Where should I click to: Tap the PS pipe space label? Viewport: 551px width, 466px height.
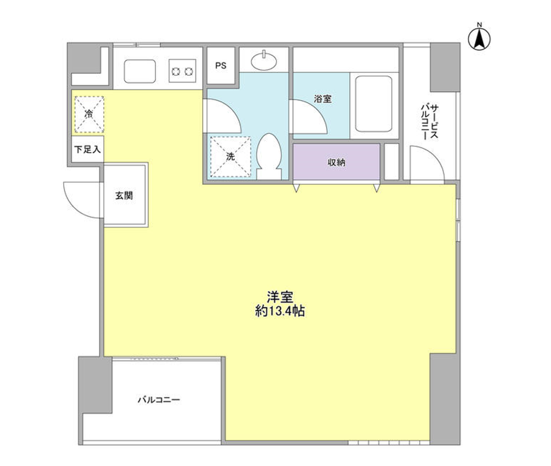(x=221, y=66)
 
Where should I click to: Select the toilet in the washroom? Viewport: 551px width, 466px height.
(x=269, y=156)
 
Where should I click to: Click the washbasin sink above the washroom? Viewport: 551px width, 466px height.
(x=264, y=61)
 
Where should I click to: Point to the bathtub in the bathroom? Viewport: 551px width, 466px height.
(x=374, y=104)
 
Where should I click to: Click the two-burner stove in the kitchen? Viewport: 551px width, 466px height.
(x=182, y=71)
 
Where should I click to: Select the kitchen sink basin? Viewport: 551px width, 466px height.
(x=140, y=71)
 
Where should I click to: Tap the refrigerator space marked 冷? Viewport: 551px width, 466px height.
(x=89, y=114)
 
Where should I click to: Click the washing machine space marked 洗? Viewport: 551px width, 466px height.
(x=230, y=156)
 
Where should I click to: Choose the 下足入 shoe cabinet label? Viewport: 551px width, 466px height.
(x=87, y=149)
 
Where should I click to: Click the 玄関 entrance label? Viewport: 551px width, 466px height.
(x=124, y=195)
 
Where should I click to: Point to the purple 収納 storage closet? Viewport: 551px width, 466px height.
(x=337, y=162)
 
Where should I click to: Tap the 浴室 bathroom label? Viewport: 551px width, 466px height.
(x=323, y=99)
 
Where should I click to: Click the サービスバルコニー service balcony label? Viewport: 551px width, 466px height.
(x=430, y=122)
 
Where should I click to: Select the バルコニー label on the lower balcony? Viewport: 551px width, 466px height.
(x=159, y=400)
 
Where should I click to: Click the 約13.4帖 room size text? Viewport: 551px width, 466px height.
(x=280, y=311)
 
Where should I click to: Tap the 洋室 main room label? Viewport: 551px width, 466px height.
(x=280, y=297)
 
